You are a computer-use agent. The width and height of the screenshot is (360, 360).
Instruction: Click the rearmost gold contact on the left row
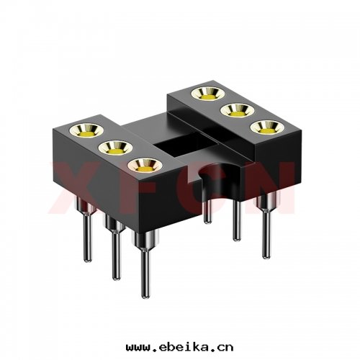[85, 130]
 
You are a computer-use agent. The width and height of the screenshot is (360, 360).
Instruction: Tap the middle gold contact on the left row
[112, 148]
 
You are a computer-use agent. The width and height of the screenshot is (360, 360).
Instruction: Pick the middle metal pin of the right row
[236, 220]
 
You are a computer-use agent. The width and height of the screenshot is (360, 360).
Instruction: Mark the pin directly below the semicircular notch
[207, 209]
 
